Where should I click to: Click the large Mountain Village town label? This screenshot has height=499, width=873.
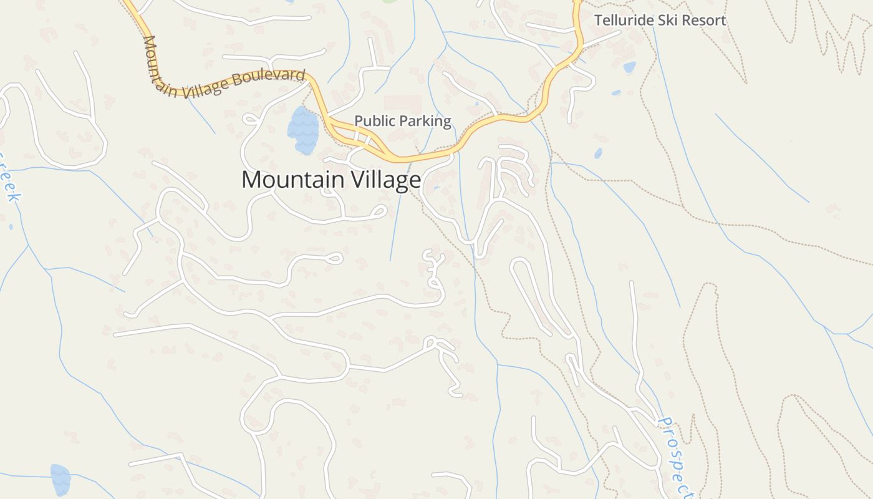331,180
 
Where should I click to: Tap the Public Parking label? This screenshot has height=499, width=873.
402,121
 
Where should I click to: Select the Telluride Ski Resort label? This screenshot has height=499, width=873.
660,21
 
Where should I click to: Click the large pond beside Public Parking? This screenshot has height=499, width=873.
303,130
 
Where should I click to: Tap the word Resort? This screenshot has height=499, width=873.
703,21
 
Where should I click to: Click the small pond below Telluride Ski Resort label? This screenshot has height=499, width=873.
629,67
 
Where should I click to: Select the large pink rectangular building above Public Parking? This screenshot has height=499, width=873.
402,104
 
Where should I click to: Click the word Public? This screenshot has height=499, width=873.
375,121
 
